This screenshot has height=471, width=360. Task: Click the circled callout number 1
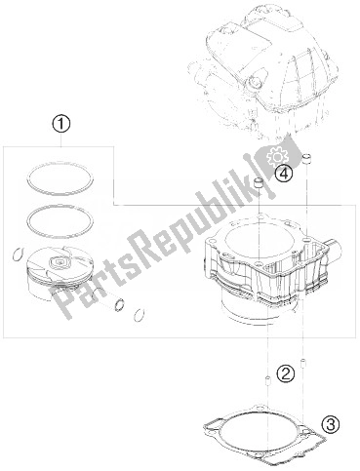60,124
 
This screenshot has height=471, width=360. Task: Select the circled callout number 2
285,372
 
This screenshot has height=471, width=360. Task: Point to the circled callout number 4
283,174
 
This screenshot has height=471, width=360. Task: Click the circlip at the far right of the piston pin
139,313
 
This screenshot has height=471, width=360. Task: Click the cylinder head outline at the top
263,68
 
